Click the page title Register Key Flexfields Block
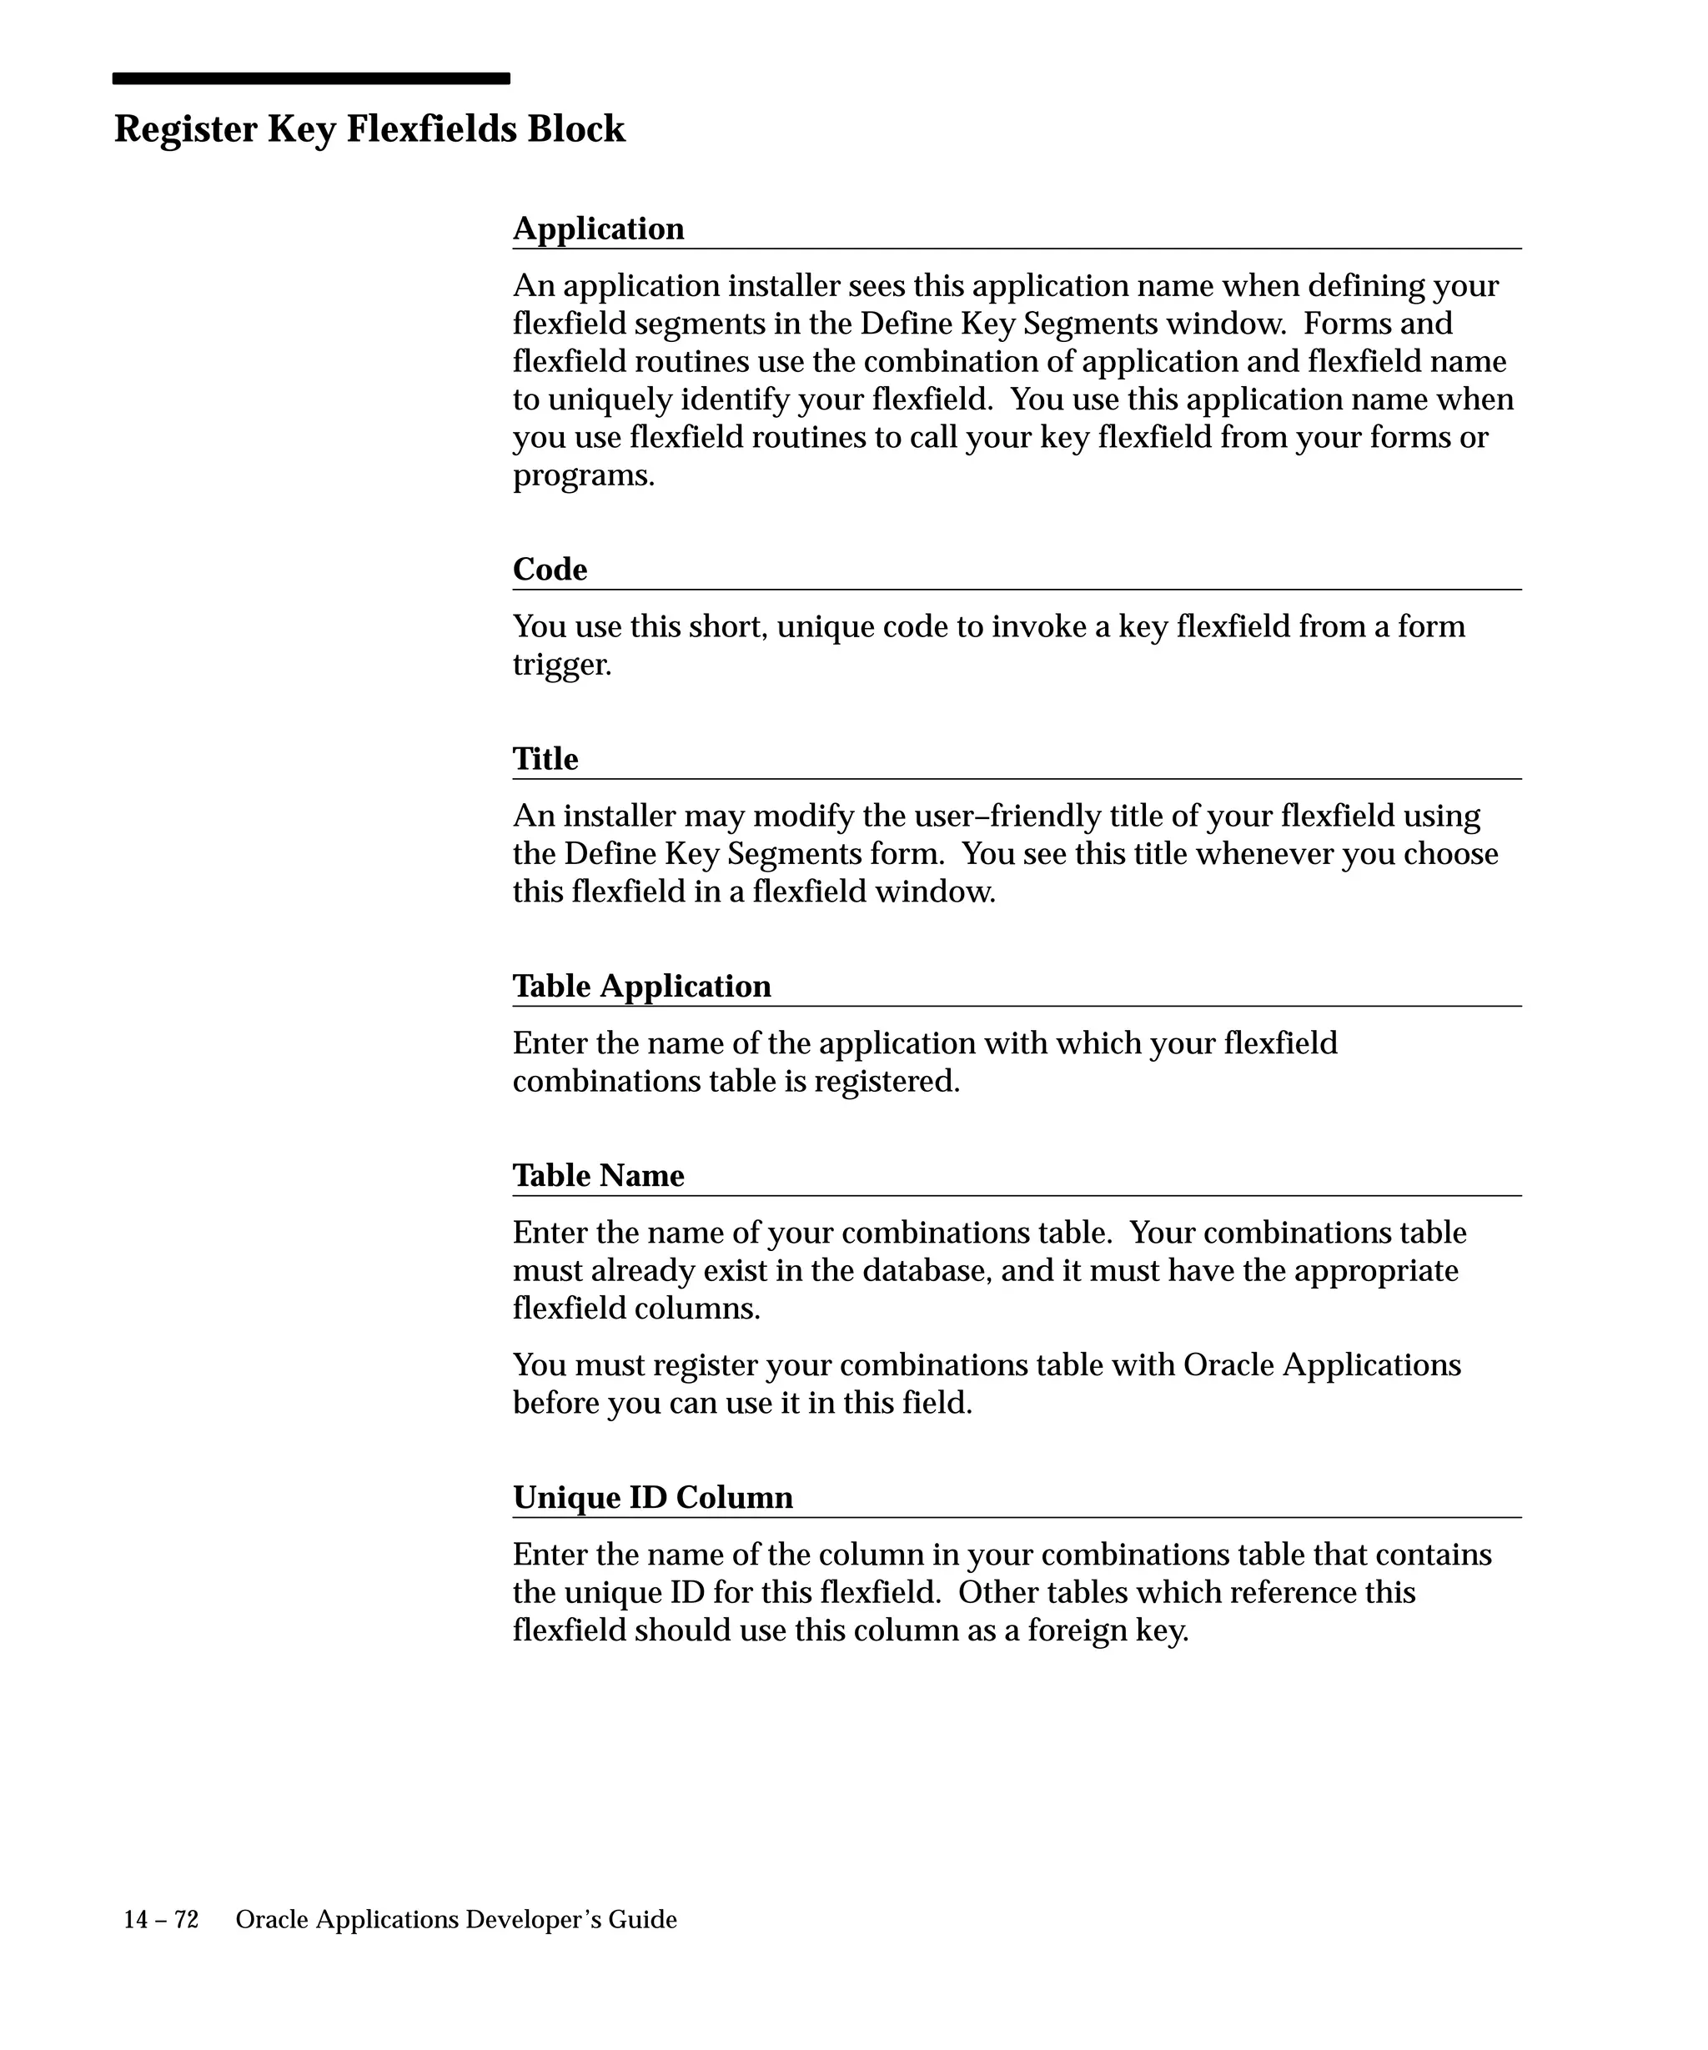369,129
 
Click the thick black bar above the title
310,78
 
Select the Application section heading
598,229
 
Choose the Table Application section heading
641,986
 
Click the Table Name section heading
598,1175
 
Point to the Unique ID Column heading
652,1498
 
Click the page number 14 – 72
160,1920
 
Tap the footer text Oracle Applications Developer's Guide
456,1920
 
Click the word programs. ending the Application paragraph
584,475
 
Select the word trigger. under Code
561,665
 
